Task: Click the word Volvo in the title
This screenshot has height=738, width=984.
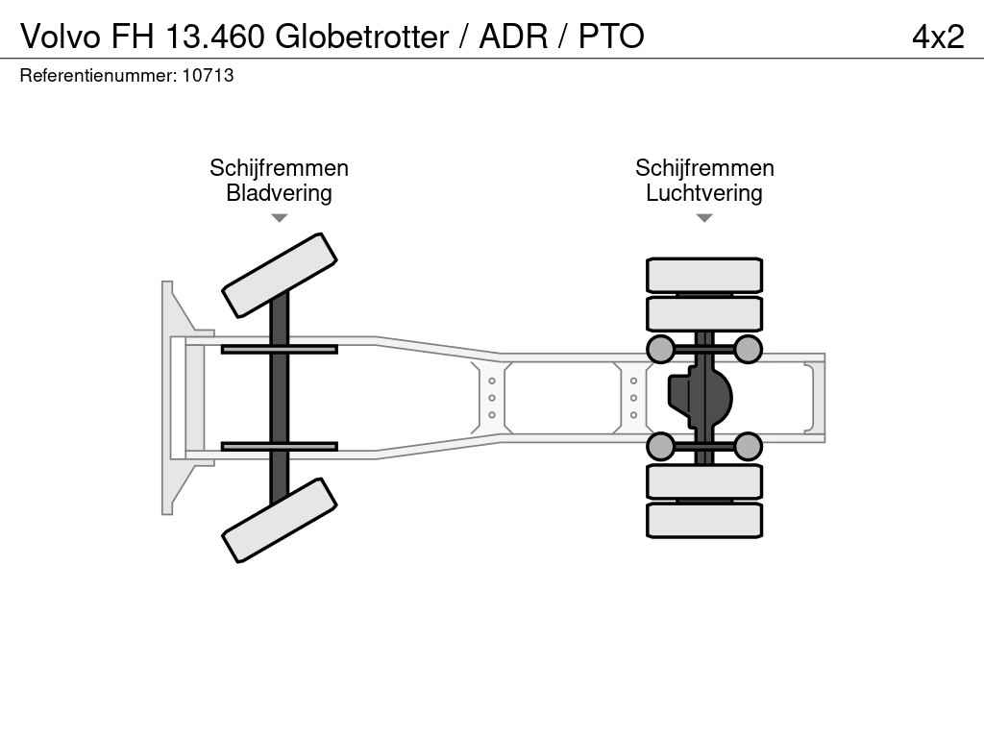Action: click(61, 37)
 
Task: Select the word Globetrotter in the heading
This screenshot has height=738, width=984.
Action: click(362, 37)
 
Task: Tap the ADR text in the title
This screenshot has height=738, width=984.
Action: click(513, 37)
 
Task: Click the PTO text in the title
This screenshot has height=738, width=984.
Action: click(611, 37)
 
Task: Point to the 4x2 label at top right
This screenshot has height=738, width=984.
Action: click(938, 37)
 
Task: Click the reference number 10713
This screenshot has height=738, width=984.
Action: click(208, 75)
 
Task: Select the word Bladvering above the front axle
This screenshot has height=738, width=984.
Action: click(279, 193)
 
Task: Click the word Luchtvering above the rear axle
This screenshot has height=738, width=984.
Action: click(704, 193)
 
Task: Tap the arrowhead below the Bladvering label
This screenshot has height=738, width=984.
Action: click(280, 218)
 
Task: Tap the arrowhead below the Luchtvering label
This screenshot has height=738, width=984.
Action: click(704, 218)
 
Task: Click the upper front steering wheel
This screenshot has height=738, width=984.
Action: click(280, 275)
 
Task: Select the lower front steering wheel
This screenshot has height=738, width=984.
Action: click(280, 520)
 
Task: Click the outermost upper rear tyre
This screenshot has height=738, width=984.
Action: click(704, 275)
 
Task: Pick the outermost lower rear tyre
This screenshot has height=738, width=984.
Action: click(704, 520)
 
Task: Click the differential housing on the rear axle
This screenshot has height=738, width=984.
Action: click(701, 398)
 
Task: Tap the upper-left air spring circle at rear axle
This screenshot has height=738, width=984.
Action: click(661, 349)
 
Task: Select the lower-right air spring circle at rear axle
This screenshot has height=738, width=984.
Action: click(748, 446)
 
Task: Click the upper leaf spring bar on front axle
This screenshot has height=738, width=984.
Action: click(280, 350)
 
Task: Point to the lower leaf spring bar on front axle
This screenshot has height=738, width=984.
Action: click(280, 446)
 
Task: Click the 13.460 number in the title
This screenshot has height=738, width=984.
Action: click(215, 37)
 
